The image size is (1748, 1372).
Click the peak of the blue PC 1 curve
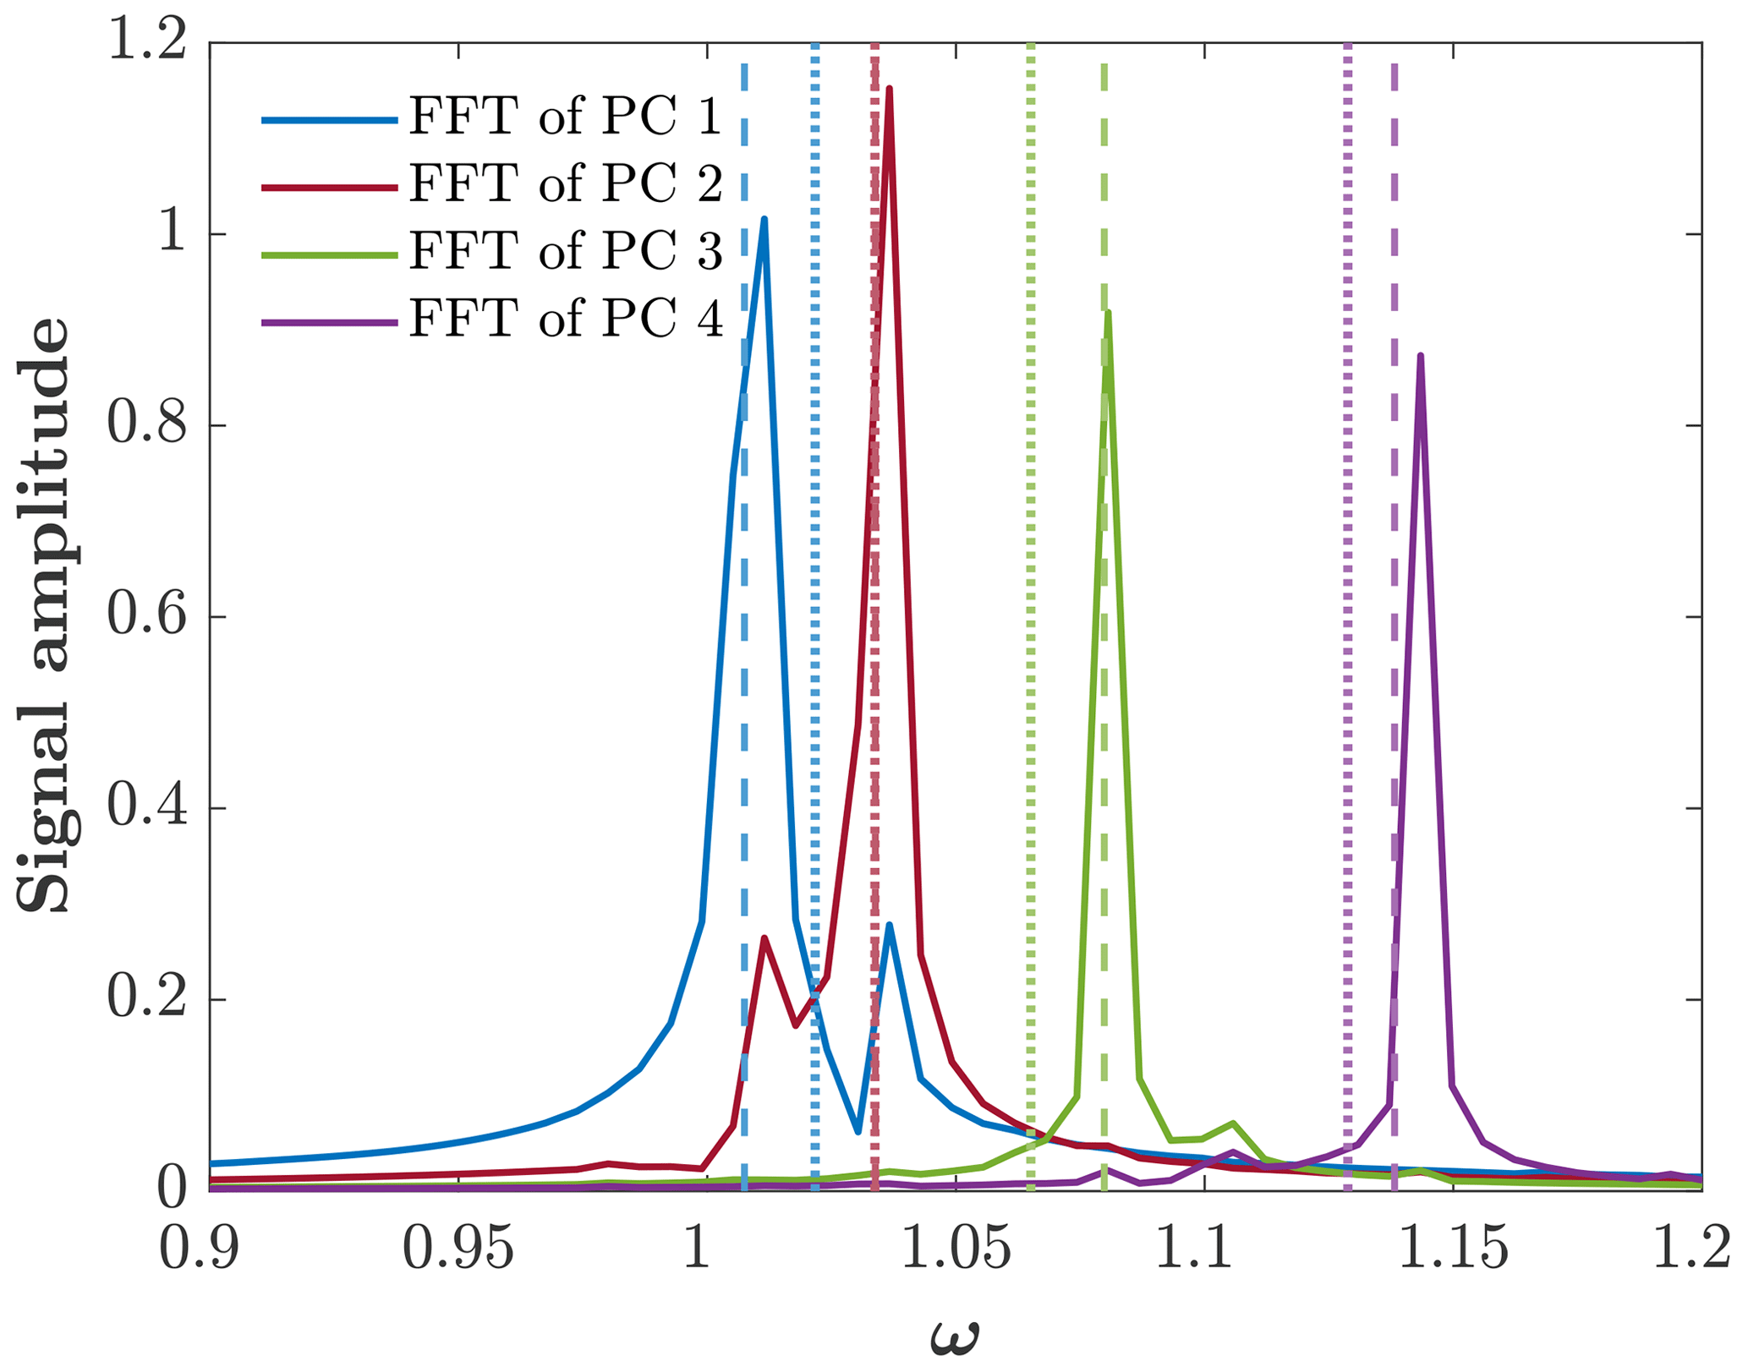[764, 220]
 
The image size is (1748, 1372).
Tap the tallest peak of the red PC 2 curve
[889, 89]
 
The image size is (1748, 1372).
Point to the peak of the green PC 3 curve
[1108, 312]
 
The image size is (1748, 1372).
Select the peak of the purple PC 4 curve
[1421, 356]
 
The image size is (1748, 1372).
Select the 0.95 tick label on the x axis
[458, 1249]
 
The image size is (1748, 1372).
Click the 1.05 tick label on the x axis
[956, 1249]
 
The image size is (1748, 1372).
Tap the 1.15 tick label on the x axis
[1453, 1249]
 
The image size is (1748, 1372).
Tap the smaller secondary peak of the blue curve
[889, 925]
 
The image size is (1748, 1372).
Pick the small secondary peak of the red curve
[764, 938]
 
